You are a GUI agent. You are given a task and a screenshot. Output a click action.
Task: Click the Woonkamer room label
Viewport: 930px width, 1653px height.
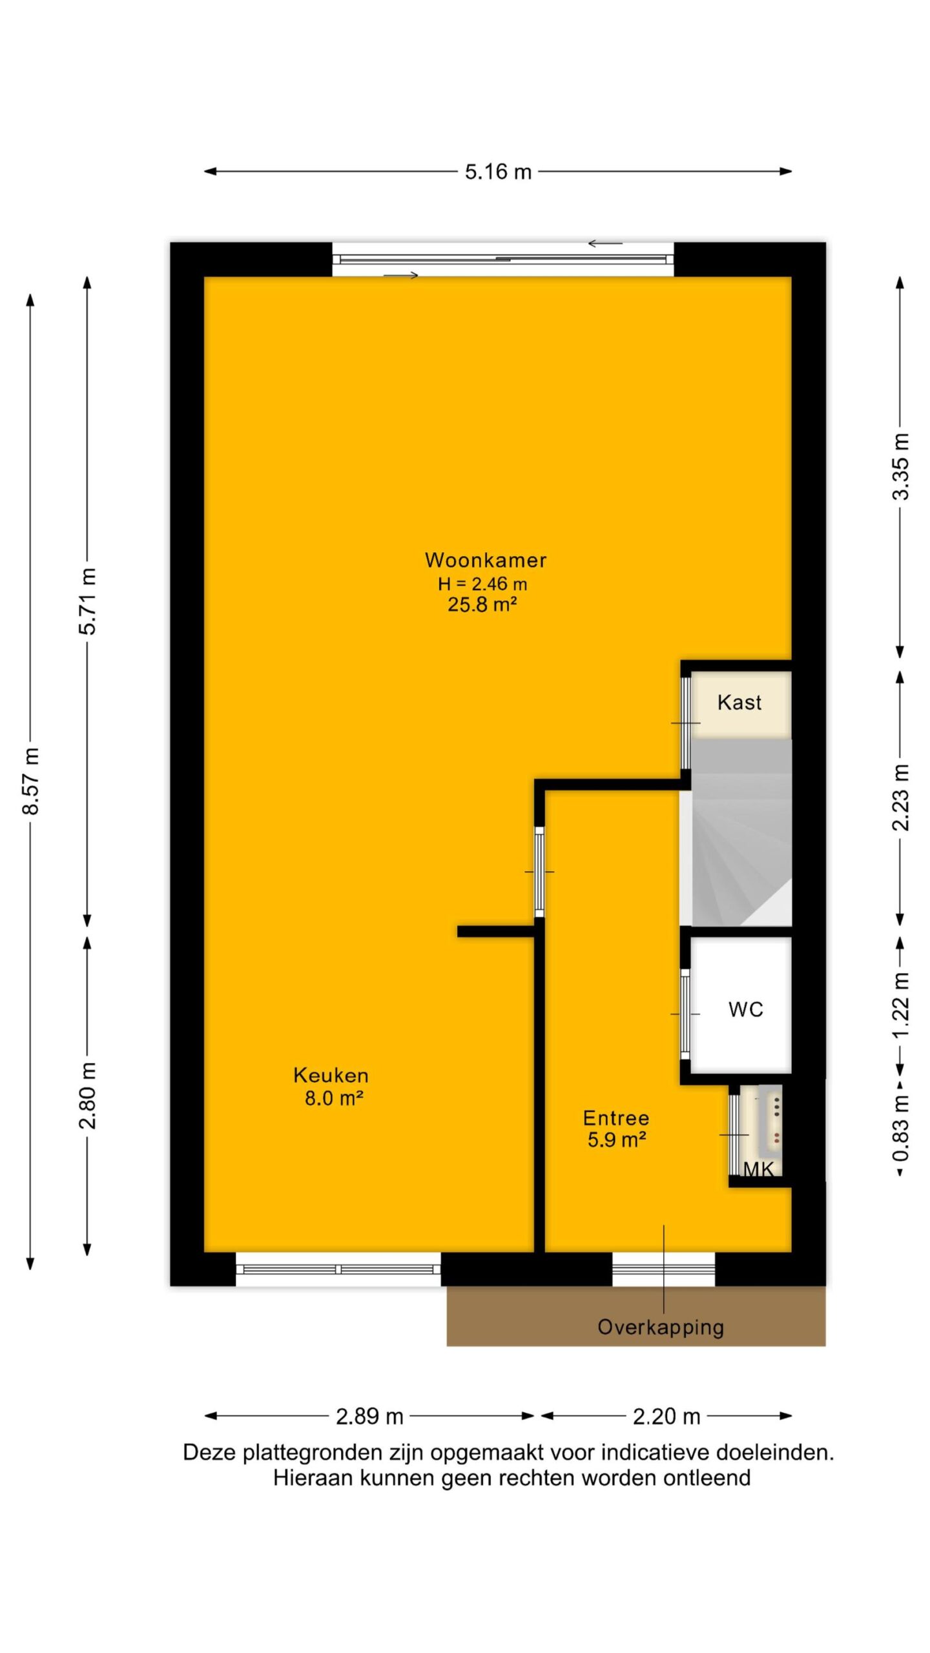[486, 560]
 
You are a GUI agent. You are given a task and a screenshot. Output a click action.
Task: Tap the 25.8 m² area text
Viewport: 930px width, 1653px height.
[482, 604]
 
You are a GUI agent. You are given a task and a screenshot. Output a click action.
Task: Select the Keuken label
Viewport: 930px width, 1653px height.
[331, 1075]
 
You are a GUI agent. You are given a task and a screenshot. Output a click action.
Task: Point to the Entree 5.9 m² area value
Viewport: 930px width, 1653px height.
[617, 1140]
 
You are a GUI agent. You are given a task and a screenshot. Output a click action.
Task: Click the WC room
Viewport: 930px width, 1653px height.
[741, 1009]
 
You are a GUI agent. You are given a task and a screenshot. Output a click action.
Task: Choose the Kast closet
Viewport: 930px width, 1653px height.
[741, 704]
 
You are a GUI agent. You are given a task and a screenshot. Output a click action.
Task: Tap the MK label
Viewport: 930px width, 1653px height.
[758, 1169]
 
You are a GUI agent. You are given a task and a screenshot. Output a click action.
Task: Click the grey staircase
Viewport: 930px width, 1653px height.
[741, 832]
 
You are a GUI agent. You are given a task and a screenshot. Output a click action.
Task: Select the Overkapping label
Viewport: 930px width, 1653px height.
[661, 1328]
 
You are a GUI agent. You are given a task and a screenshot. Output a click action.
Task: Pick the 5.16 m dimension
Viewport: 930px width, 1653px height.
[499, 172]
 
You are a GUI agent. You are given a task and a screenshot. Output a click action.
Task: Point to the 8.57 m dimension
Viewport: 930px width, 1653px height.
[31, 781]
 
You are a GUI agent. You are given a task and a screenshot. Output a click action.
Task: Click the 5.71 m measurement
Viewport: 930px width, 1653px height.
[87, 601]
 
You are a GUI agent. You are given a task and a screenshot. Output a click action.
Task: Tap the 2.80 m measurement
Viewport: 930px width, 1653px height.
[87, 1096]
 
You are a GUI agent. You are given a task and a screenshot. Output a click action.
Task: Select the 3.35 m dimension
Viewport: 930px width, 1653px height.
[900, 466]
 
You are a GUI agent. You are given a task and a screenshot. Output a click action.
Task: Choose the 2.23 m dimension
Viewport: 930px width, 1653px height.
[900, 797]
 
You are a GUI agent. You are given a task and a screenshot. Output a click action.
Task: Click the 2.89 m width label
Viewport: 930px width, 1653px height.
[369, 1417]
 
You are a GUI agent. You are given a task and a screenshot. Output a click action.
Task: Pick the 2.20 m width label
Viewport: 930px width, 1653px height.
[666, 1417]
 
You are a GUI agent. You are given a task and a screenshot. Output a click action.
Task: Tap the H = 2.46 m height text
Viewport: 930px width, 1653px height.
[482, 584]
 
